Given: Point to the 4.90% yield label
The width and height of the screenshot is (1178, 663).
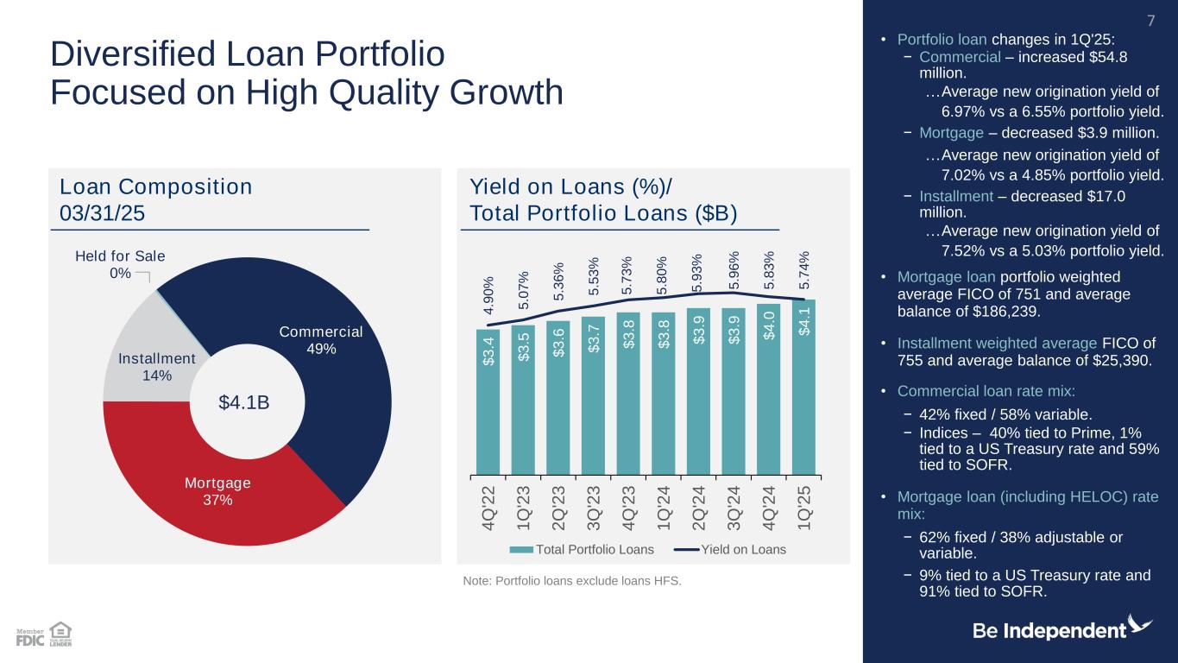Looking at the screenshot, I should [488, 296].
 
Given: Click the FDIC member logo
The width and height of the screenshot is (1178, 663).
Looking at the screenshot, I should [30, 638].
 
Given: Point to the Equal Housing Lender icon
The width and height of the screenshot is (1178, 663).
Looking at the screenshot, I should [60, 634].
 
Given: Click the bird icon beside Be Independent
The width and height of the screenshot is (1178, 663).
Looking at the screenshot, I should [1141, 625].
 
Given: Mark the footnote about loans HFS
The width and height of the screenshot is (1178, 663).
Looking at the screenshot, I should [572, 580].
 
